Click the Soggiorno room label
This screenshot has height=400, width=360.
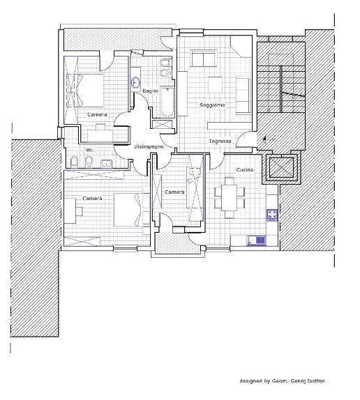[212, 105]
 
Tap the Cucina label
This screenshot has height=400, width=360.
[245, 169]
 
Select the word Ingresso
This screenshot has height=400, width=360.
[220, 141]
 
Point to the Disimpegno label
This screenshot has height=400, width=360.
[149, 146]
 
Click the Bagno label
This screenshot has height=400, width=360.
[151, 91]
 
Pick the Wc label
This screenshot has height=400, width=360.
[89, 150]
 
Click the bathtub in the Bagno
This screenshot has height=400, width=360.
[167, 102]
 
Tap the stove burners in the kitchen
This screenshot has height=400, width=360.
[272, 215]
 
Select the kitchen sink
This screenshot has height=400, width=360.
[256, 240]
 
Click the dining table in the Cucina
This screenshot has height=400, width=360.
[230, 197]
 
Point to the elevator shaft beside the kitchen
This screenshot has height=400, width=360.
[281, 168]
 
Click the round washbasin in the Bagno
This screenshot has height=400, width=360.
[135, 82]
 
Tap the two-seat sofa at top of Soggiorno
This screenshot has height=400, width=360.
[204, 58]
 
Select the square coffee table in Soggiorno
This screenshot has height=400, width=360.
[215, 85]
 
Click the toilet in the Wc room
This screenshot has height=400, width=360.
[74, 162]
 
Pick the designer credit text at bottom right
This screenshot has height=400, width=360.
[282, 381]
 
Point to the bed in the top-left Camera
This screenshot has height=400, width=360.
[85, 91]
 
